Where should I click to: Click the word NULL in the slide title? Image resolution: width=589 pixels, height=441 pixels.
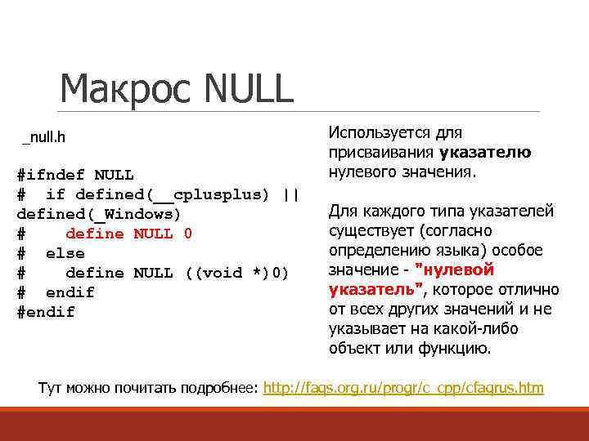[250, 89]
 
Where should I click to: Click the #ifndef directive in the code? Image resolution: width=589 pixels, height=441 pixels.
[51, 175]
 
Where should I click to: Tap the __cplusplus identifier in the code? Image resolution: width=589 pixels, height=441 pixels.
[211, 194]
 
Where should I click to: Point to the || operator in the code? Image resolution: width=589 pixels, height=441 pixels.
[290, 194]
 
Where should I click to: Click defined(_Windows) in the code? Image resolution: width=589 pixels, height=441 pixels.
[98, 214]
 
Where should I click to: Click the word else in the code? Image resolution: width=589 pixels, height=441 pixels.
[65, 253]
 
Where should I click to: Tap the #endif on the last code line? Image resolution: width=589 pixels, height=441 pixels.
[46, 312]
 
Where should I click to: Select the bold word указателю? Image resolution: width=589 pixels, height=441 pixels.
[485, 152]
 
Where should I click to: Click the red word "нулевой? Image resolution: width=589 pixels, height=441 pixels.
[454, 270]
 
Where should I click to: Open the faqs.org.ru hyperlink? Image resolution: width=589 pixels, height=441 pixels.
[403, 388]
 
